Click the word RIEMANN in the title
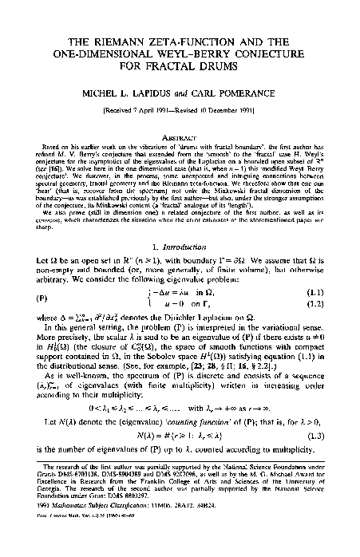pos(121,41)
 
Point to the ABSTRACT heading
pos(180,136)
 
